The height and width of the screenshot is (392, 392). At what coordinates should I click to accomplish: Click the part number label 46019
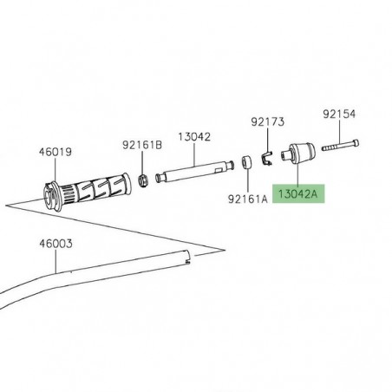[x=51, y=150]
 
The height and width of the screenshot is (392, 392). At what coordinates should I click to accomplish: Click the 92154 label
[x=339, y=113]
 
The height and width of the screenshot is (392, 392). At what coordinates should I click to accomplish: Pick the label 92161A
[x=247, y=198]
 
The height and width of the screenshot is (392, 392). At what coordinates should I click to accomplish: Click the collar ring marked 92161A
[x=247, y=162]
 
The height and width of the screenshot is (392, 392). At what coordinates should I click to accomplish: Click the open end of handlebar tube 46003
[x=190, y=255]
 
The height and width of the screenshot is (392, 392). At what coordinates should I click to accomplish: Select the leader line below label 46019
[x=51, y=170]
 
